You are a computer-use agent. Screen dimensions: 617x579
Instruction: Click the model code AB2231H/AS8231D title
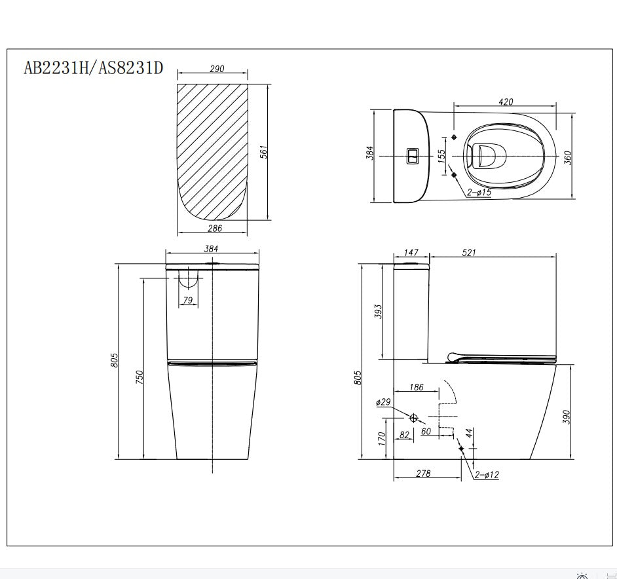click(93, 68)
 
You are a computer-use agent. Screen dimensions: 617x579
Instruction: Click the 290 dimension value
click(217, 69)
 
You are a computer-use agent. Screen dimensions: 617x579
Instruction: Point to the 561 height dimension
click(264, 152)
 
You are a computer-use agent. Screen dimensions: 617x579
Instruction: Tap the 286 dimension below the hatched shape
click(215, 229)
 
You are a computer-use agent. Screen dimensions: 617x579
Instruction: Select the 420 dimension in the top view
click(506, 102)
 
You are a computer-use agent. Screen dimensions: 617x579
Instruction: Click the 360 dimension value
click(567, 157)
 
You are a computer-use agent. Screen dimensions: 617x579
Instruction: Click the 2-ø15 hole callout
click(479, 193)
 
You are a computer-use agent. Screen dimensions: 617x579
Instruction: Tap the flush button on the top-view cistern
click(413, 156)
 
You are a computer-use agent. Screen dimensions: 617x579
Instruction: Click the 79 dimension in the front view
click(188, 300)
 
